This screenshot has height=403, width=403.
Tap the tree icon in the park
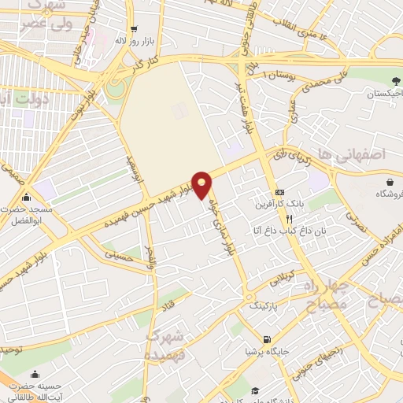tap(395, 80)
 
